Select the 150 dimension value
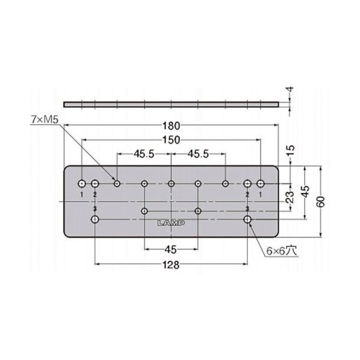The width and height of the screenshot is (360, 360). [x=171, y=139]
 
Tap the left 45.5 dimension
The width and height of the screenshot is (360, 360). [x=144, y=154]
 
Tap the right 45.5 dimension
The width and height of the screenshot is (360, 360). [x=197, y=154]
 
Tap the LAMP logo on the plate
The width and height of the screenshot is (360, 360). [x=171, y=223]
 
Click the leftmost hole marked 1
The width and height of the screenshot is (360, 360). [x=82, y=182]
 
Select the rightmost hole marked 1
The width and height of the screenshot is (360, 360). [x=261, y=182]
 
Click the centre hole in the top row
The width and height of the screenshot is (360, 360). [x=171, y=183]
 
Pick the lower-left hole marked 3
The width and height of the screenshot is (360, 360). [x=95, y=220]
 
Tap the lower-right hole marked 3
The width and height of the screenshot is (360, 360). [x=247, y=220]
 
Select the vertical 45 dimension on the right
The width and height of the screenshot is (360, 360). [x=305, y=191]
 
